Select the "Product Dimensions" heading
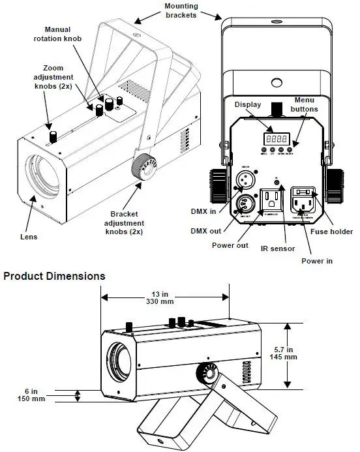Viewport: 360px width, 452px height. (55, 276)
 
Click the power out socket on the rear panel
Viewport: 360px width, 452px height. (271, 200)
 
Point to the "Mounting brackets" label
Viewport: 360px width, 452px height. (181, 11)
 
